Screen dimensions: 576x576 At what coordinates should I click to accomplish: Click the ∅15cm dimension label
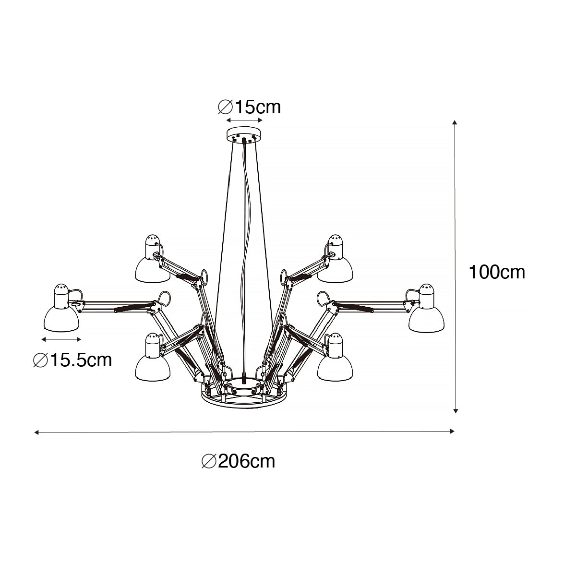(x=249, y=107)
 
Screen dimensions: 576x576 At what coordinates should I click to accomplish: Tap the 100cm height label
(x=496, y=272)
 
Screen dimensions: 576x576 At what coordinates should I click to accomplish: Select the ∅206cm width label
(x=238, y=461)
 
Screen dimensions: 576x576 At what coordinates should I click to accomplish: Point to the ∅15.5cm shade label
(x=72, y=360)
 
